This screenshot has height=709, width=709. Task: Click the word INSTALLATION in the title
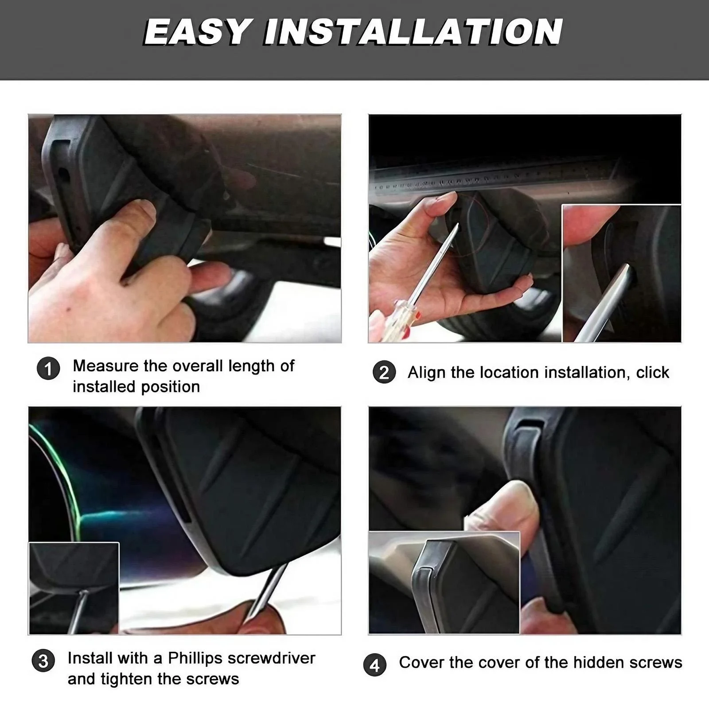tap(413, 32)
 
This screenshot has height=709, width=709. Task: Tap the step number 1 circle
tap(48, 369)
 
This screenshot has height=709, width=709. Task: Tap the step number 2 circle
tap(384, 372)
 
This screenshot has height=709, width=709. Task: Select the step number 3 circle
tap(43, 661)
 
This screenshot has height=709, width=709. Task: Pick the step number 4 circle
tap(375, 665)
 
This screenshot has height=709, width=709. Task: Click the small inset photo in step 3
tap(74, 588)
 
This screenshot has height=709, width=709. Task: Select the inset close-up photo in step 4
tap(444, 583)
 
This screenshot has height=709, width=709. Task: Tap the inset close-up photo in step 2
tap(621, 273)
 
